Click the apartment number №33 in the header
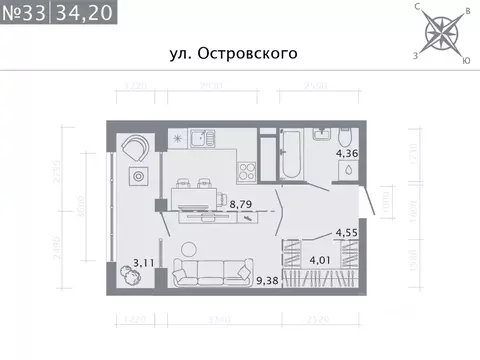[25, 13]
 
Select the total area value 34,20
[85, 13]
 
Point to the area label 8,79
[241, 204]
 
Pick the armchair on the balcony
[137, 147]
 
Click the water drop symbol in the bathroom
[345, 170]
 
